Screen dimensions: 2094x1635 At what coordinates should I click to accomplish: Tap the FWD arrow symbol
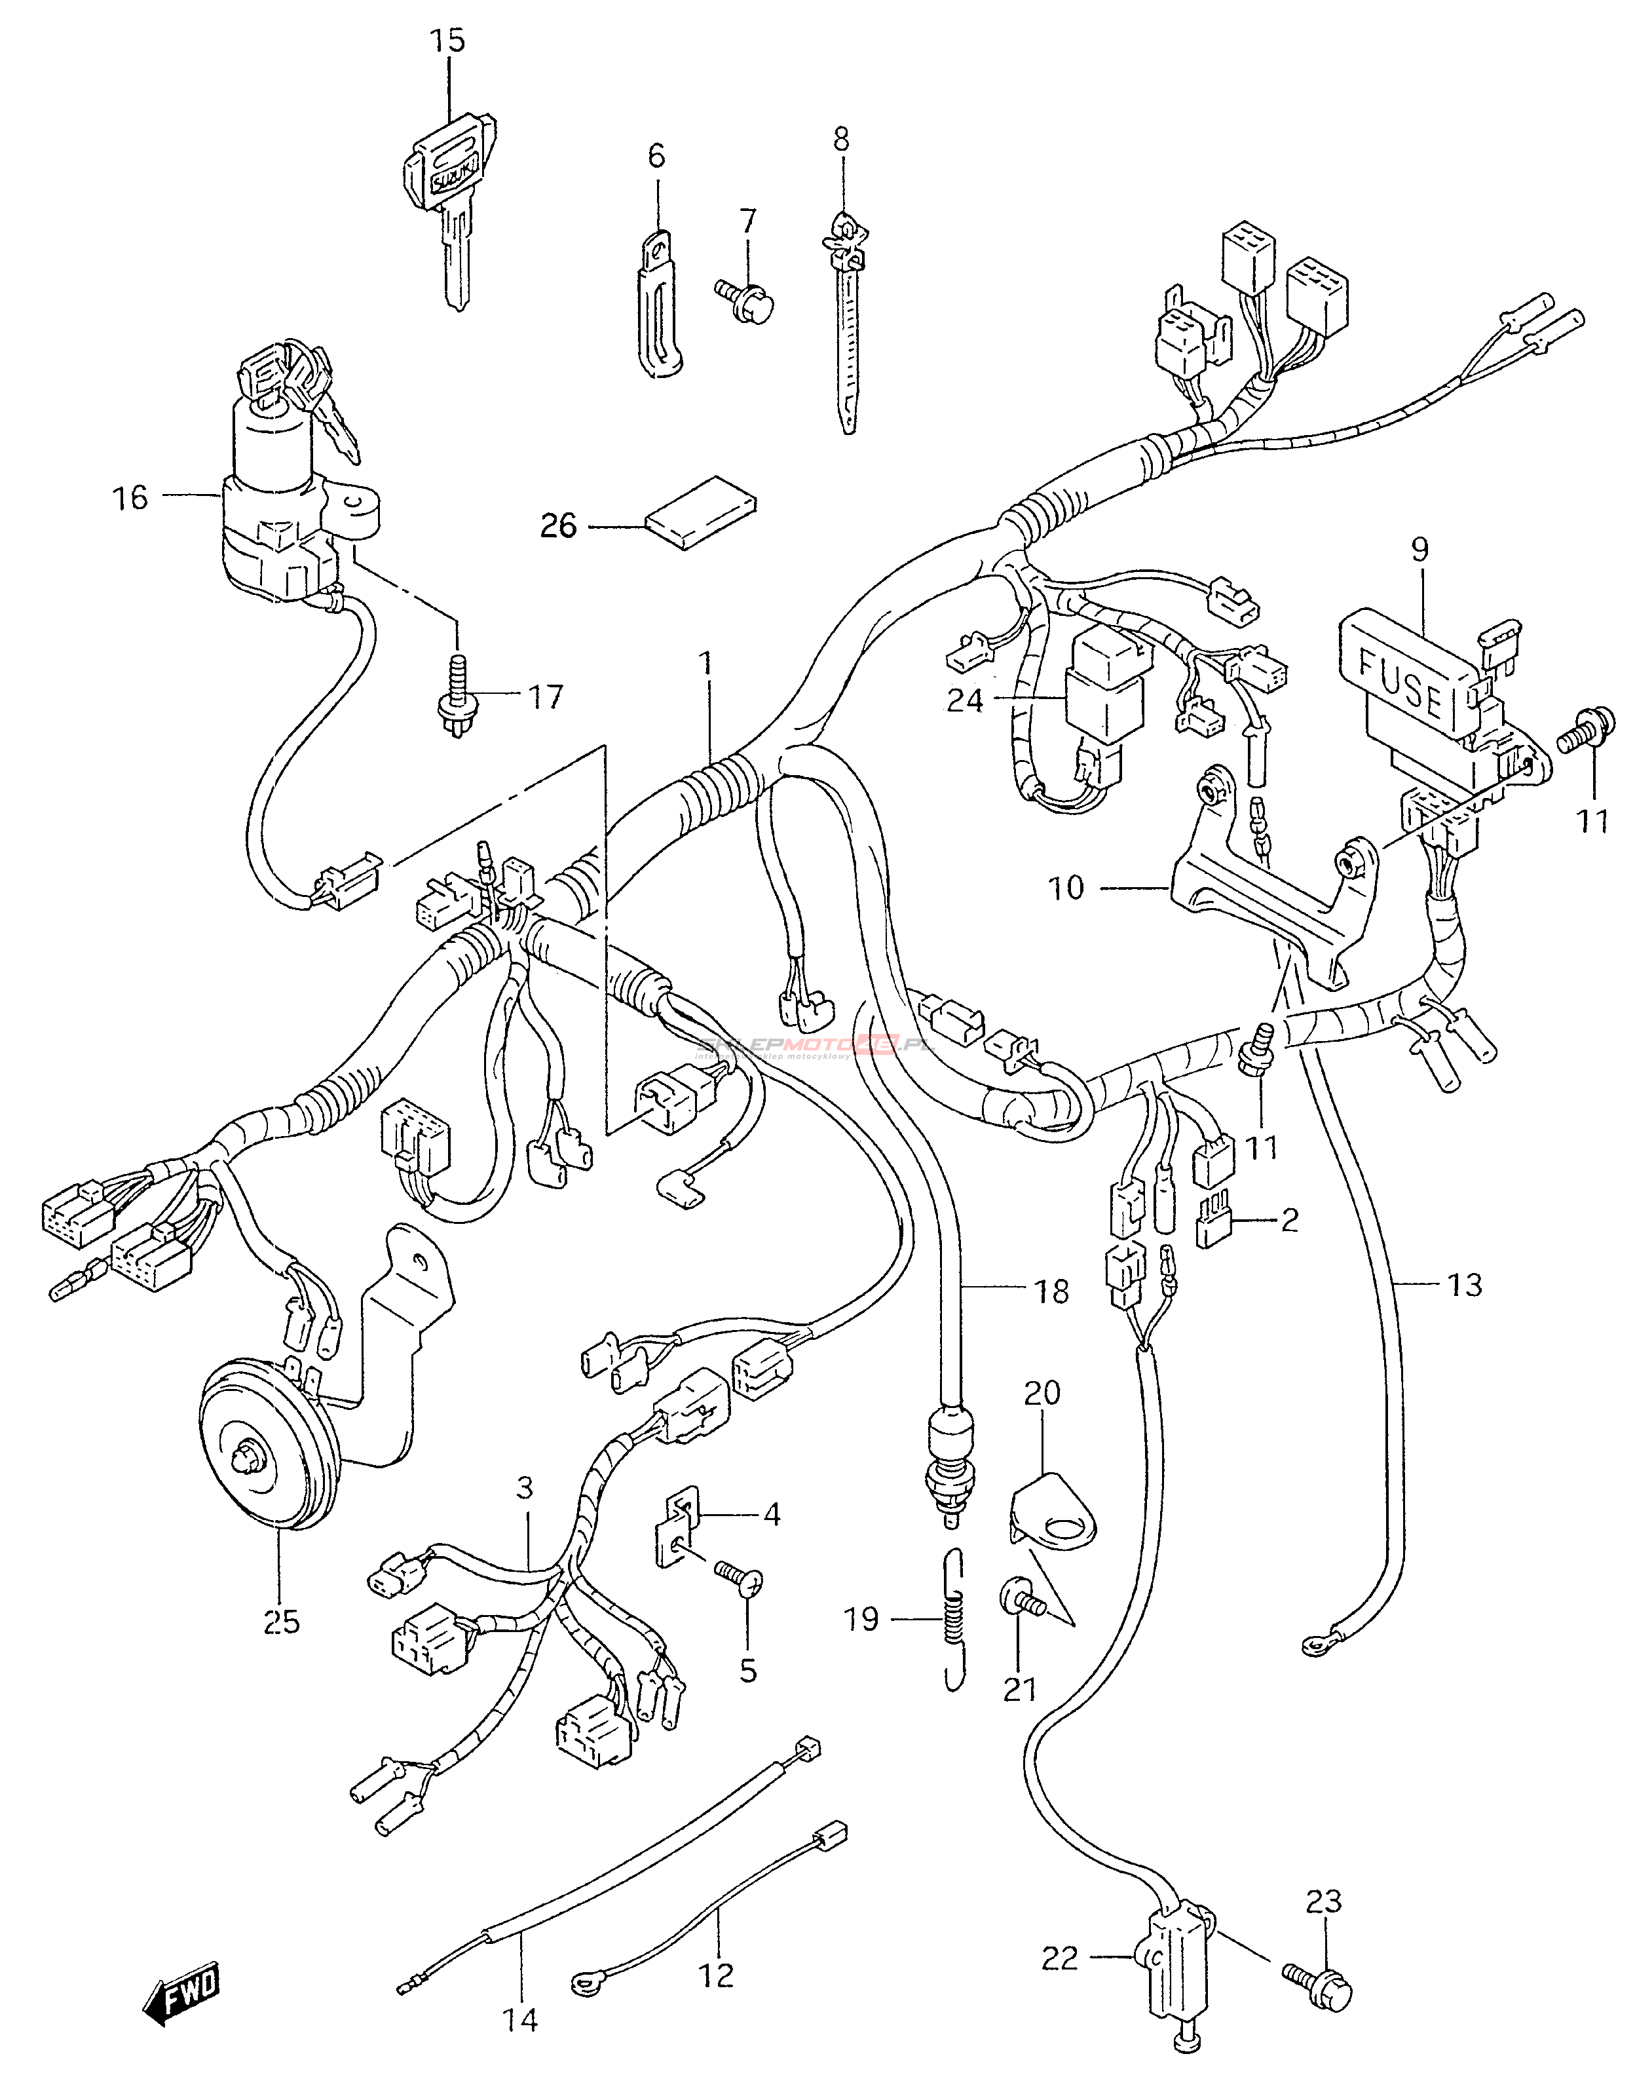click(x=182, y=1998)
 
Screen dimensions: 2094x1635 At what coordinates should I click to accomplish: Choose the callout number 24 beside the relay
click(x=965, y=702)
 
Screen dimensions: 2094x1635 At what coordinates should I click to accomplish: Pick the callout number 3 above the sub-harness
click(x=524, y=1488)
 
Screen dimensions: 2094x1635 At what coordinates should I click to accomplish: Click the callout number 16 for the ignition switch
click(x=130, y=497)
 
